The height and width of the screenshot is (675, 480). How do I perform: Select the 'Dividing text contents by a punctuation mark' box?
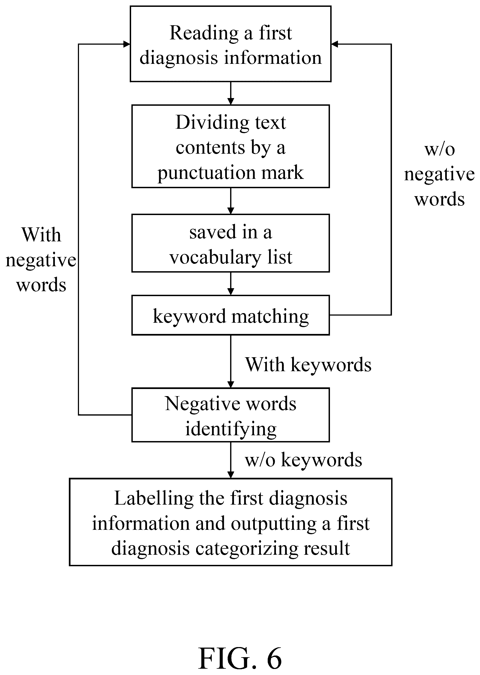(231, 146)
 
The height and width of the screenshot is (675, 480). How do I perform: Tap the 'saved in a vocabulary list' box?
(231, 243)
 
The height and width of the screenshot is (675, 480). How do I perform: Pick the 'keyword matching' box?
(231, 315)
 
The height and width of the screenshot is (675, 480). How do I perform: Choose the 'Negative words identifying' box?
(231, 415)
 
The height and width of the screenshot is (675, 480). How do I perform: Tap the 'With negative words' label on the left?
(41, 260)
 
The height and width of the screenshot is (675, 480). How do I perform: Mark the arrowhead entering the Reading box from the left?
(126, 44)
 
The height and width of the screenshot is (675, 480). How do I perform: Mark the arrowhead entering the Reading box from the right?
(335, 44)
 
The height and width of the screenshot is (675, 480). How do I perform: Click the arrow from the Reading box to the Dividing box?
(231, 93)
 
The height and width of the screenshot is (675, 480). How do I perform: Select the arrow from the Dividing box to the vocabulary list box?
(231, 201)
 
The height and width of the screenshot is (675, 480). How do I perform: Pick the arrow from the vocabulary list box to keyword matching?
(231, 284)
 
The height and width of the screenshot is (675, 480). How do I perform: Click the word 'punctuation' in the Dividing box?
(206, 173)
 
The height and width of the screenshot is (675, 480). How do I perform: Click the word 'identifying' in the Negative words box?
(231, 430)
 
